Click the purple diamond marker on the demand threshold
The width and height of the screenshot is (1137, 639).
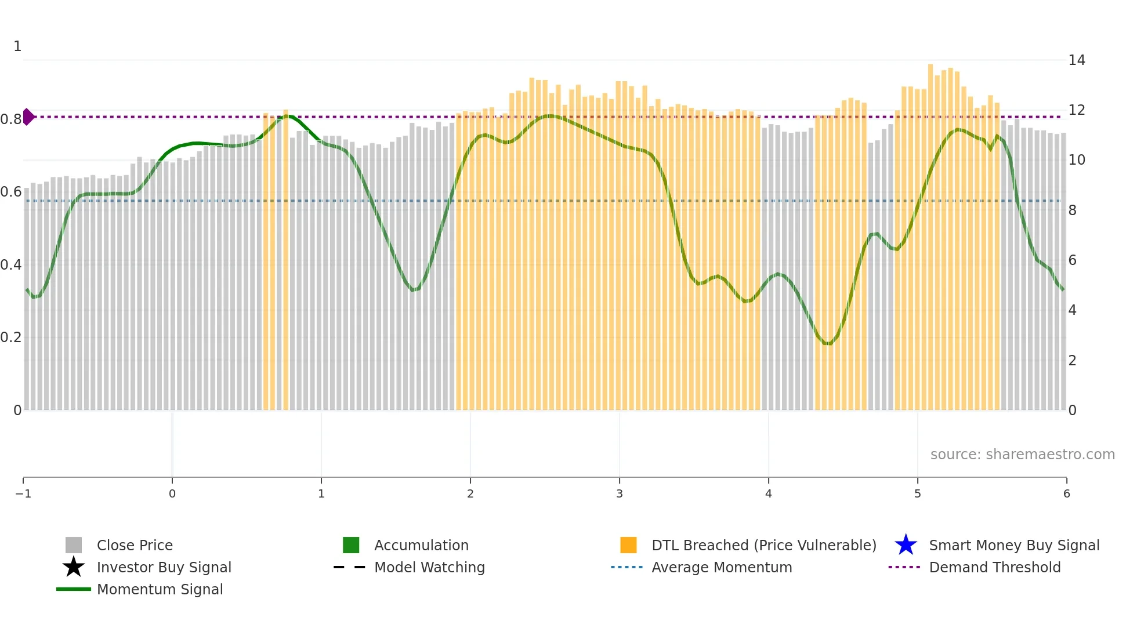(28, 117)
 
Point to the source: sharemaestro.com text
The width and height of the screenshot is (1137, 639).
(1022, 454)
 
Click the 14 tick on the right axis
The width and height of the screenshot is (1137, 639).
(1077, 60)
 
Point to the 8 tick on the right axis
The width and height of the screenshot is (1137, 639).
(1073, 210)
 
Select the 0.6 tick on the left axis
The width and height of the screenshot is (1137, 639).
(11, 192)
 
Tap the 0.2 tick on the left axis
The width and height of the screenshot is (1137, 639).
(11, 337)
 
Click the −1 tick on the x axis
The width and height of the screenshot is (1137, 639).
(23, 493)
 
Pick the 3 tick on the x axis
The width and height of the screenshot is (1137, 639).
(620, 493)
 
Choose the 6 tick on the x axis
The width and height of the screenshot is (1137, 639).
(1066, 493)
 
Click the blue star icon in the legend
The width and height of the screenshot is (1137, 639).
(906, 545)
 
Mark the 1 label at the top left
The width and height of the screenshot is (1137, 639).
(17, 46)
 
